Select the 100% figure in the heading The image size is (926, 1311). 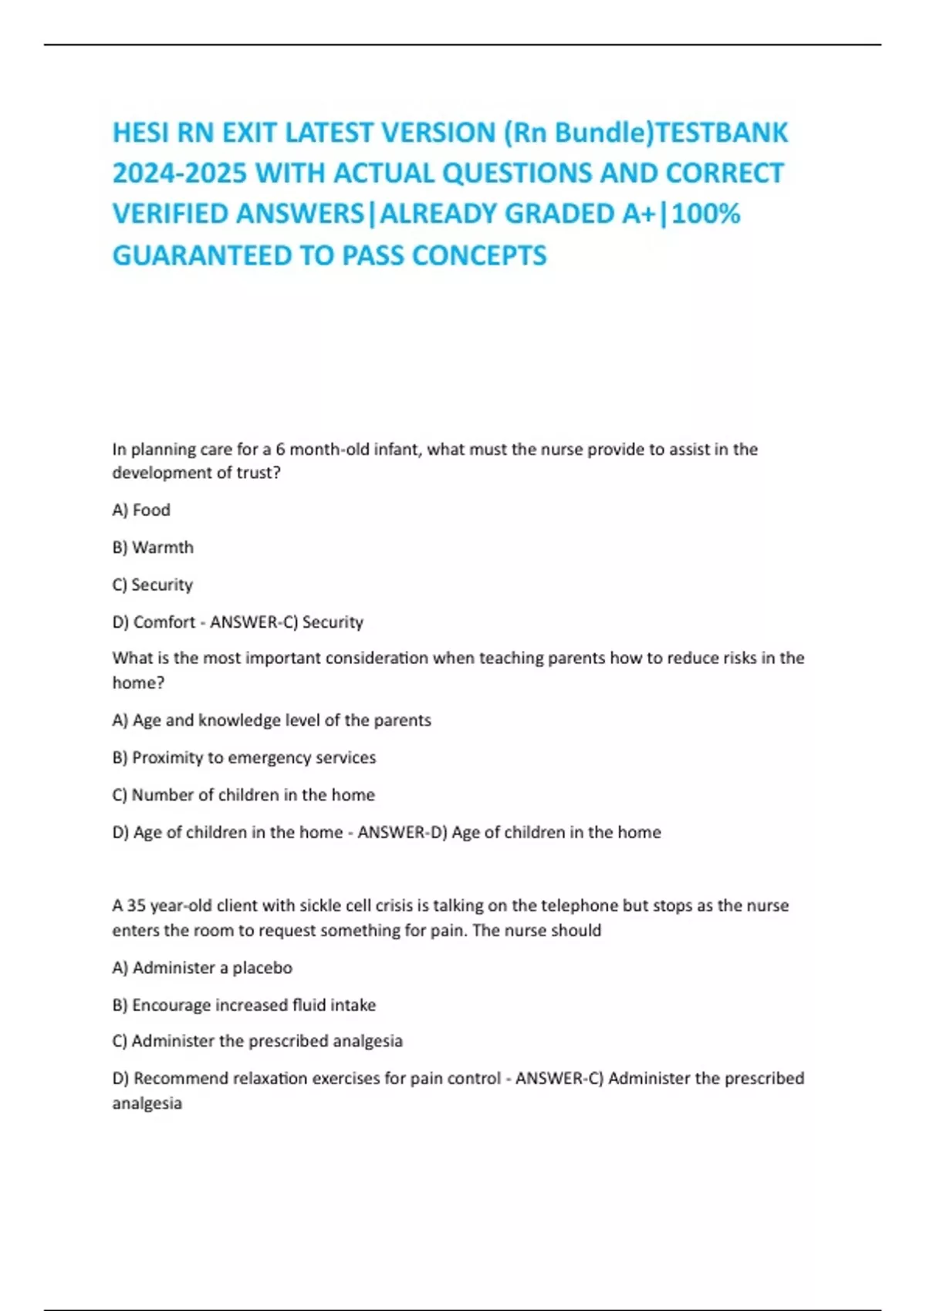point(706,214)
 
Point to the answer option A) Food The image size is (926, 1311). point(141,510)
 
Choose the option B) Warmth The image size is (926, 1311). point(153,548)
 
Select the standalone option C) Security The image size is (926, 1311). point(153,585)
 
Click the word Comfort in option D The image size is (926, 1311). point(164,622)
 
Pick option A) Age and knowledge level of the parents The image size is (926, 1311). point(272,720)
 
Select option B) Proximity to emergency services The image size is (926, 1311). point(244,757)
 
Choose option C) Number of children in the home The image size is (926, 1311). point(244,794)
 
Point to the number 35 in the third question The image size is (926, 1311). point(137,905)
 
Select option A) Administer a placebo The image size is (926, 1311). point(202,968)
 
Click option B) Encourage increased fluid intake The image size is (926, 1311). point(244,1005)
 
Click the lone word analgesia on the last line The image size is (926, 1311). point(147,1104)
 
